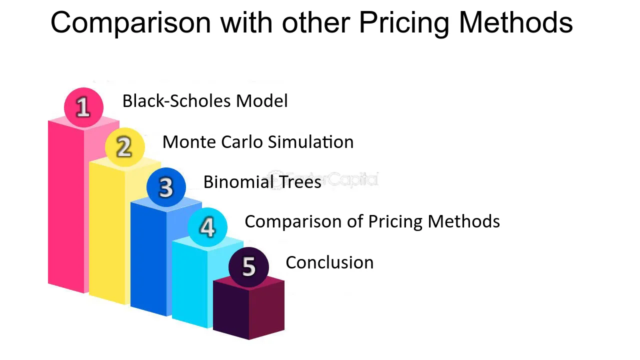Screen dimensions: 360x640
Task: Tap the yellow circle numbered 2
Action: pos(124,147)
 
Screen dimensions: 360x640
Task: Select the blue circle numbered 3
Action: pos(166,187)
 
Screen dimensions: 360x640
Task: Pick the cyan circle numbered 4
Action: pos(207,227)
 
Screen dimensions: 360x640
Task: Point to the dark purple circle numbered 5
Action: pos(248,267)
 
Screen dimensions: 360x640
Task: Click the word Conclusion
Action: pos(329,262)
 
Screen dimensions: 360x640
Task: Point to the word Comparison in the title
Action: pos(130,23)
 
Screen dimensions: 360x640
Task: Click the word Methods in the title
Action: pos(515,23)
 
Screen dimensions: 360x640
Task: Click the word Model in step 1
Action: pos(261,101)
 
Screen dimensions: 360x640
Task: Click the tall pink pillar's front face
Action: pos(66,205)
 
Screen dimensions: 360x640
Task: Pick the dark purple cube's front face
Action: pos(231,310)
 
